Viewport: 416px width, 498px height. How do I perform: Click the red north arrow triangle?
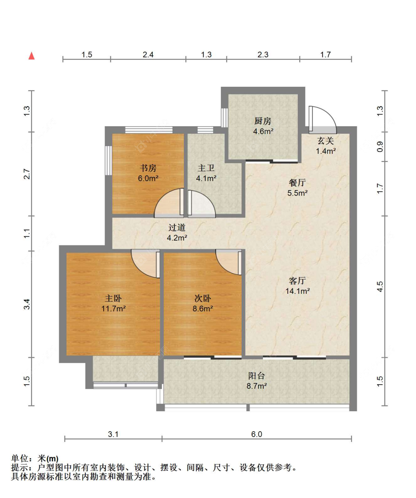coord(31,56)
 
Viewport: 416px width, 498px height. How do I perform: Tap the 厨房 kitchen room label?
coord(263,121)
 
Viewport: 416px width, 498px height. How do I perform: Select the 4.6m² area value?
coord(263,131)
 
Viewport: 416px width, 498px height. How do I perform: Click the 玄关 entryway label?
coord(325,141)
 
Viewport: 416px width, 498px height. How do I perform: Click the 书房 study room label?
coord(148,168)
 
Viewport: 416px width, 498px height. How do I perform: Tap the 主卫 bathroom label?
coord(206,168)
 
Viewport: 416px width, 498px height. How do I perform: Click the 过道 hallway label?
coord(177,227)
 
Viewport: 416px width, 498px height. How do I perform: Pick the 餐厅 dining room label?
coord(297,183)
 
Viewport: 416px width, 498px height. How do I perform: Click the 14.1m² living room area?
coord(297,291)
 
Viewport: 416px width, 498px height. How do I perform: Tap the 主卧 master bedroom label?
coord(113,298)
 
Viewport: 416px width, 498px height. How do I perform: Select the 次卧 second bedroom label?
coord(203,298)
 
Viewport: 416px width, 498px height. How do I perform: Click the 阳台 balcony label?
coord(256,376)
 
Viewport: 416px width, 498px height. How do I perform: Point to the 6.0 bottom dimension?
coord(256,434)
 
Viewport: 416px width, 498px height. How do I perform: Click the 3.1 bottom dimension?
coord(113,434)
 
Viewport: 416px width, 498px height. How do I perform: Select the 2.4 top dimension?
coord(148,55)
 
